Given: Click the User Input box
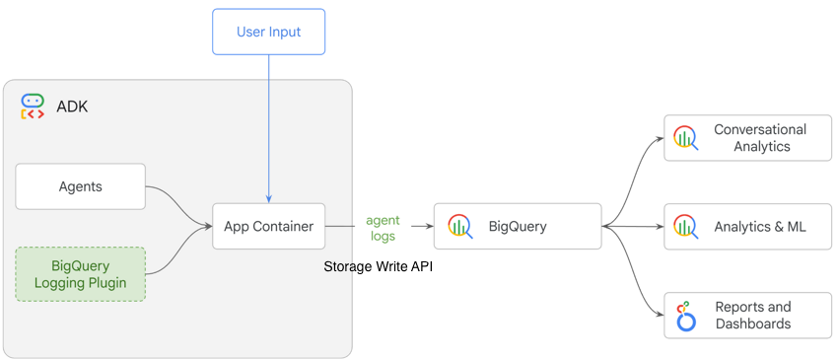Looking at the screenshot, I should (x=268, y=32).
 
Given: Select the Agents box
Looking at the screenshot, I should (x=81, y=186).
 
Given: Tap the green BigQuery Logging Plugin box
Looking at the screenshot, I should (x=81, y=274).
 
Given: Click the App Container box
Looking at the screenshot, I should (x=268, y=226).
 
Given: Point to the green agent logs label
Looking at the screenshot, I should (x=383, y=228).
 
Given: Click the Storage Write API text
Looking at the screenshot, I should (x=379, y=267).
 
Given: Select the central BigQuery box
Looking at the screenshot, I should (x=517, y=227).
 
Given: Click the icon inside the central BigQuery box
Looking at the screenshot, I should (x=459, y=227).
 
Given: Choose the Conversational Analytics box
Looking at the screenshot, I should (x=747, y=138).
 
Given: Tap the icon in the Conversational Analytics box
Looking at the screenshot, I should (x=685, y=138).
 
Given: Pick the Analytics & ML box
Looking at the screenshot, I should (x=747, y=227).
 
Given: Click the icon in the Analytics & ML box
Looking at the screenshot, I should (x=685, y=227).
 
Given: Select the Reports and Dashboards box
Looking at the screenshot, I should (x=747, y=316).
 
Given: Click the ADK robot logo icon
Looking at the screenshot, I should (x=33, y=107).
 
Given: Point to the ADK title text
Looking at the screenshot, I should (x=72, y=107).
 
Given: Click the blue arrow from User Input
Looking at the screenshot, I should (x=268, y=128).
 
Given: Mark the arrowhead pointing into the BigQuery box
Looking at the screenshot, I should (x=429, y=227).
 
